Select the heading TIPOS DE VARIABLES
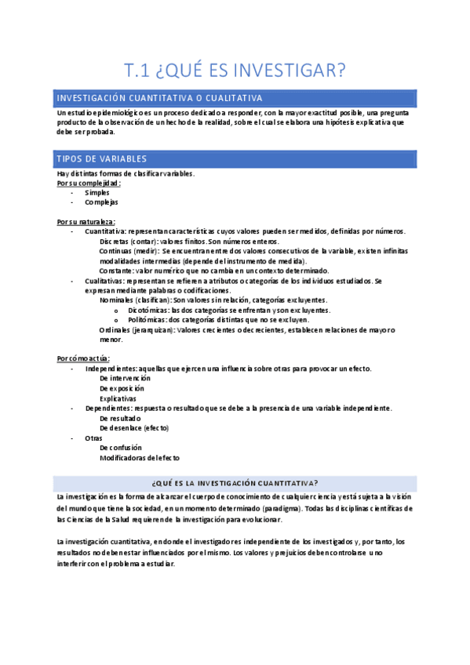click(x=102, y=158)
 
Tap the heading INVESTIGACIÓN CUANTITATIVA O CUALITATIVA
click(x=159, y=97)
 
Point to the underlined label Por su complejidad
click(x=89, y=183)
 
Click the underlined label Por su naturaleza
click(x=86, y=222)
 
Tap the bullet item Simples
click(x=97, y=192)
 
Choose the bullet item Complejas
click(x=101, y=202)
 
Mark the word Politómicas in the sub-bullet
click(x=147, y=320)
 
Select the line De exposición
click(x=122, y=388)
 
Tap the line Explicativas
click(x=118, y=398)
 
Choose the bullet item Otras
click(x=93, y=438)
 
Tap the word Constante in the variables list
click(x=116, y=271)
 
